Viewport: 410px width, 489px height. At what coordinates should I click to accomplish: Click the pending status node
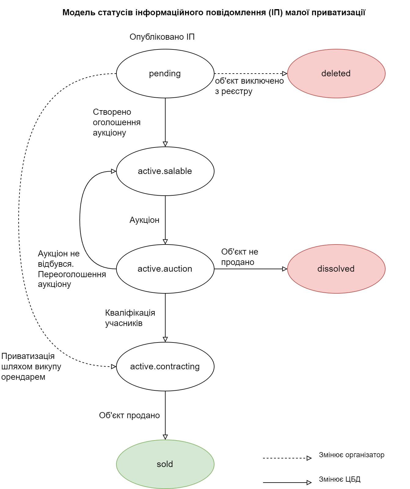pyautogui.click(x=165, y=74)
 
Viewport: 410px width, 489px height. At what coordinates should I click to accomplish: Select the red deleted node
pyautogui.click(x=336, y=74)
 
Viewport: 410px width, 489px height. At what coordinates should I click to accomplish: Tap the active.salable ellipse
pyautogui.click(x=165, y=171)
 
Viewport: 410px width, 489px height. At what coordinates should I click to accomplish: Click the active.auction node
pyautogui.click(x=165, y=269)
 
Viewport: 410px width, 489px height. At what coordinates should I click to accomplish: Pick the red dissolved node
pyautogui.click(x=336, y=269)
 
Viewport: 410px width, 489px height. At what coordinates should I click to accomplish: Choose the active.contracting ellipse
pyautogui.click(x=165, y=367)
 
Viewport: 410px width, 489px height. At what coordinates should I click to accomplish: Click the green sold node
pyautogui.click(x=165, y=464)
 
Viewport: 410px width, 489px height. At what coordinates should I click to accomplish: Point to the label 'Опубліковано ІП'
pyautogui.click(x=162, y=37)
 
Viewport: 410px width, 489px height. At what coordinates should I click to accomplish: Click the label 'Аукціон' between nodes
pyautogui.click(x=145, y=220)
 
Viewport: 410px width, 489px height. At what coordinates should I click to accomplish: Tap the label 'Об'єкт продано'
pyautogui.click(x=129, y=415)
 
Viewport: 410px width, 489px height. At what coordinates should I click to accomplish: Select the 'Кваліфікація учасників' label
pyautogui.click(x=130, y=318)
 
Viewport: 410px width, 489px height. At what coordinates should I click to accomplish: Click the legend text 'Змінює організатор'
pyautogui.click(x=351, y=455)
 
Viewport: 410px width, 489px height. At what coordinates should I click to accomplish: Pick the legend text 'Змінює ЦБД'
pyautogui.click(x=339, y=479)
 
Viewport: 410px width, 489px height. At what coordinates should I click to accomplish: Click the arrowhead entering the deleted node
pyautogui.click(x=284, y=74)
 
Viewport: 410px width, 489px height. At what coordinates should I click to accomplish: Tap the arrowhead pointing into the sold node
pyautogui.click(x=165, y=437)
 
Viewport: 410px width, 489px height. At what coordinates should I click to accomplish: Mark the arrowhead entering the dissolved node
pyautogui.click(x=284, y=269)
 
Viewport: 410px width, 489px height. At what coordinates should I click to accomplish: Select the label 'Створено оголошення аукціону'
pyautogui.click(x=116, y=122)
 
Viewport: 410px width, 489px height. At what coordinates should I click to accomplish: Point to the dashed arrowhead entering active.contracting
pyautogui.click(x=113, y=367)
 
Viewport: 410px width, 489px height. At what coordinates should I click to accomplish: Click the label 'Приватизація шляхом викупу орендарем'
pyautogui.click(x=31, y=367)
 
